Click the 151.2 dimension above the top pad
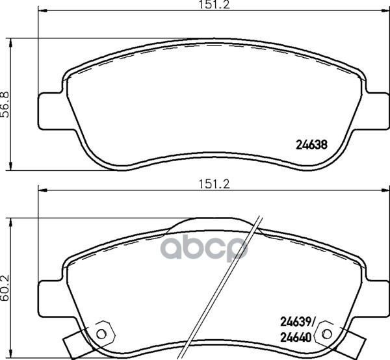(214, 5)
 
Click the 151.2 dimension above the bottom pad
(214, 185)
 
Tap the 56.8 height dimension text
(5, 105)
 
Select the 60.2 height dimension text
(5, 288)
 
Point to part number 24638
(311, 144)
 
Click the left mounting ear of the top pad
(51, 111)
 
